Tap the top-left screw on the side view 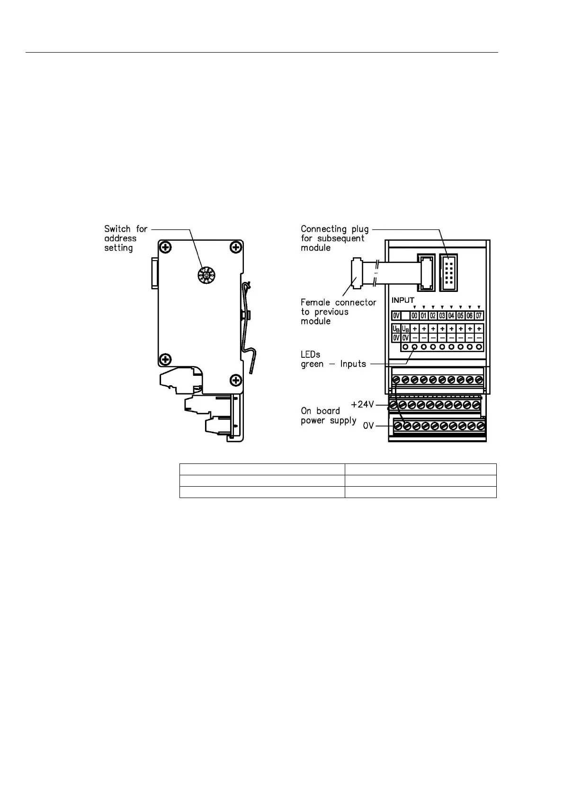[165, 247]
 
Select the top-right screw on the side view [235, 247]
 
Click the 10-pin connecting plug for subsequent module [448, 273]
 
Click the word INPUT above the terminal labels [403, 300]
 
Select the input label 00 [414, 316]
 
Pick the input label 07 [479, 316]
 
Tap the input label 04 [451, 316]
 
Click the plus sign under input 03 [442, 328]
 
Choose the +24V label [362, 404]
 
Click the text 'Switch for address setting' [125, 238]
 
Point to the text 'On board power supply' [328, 416]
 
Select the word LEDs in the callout [310, 354]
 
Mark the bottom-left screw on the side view [165, 360]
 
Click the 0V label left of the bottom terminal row [368, 426]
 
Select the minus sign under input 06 [470, 337]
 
